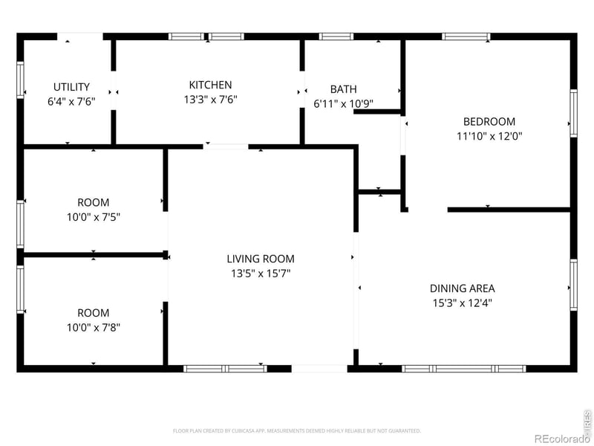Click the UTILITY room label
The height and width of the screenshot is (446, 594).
pyautogui.click(x=71, y=87)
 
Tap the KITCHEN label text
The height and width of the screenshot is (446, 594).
pyautogui.click(x=210, y=85)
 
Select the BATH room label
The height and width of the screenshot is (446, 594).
pyautogui.click(x=343, y=89)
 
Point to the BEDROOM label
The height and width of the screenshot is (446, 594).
pyautogui.click(x=489, y=122)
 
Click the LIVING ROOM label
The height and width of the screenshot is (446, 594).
pyautogui.click(x=261, y=259)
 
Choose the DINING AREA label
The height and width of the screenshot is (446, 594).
pyautogui.click(x=462, y=288)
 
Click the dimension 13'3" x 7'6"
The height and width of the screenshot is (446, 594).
pyautogui.click(x=210, y=100)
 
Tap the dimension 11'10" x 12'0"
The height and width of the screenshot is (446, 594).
pyautogui.click(x=489, y=136)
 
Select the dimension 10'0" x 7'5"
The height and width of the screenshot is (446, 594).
pyautogui.click(x=93, y=217)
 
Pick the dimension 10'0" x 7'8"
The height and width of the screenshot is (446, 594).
pyautogui.click(x=93, y=327)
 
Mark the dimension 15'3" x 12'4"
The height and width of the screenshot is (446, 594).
pyautogui.click(x=462, y=303)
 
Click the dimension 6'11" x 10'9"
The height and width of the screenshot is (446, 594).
pyautogui.click(x=343, y=103)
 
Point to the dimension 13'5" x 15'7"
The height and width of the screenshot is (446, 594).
pyautogui.click(x=261, y=273)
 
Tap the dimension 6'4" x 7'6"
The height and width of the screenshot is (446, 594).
pyautogui.click(x=71, y=102)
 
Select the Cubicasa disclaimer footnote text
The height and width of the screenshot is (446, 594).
pyautogui.click(x=297, y=430)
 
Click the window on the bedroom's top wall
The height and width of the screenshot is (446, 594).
pyautogui.click(x=466, y=36)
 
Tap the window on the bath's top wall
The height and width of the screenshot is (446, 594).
pyautogui.click(x=336, y=36)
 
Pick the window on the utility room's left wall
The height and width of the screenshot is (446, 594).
pyautogui.click(x=21, y=79)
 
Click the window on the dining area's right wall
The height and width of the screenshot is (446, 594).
pyautogui.click(x=573, y=285)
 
